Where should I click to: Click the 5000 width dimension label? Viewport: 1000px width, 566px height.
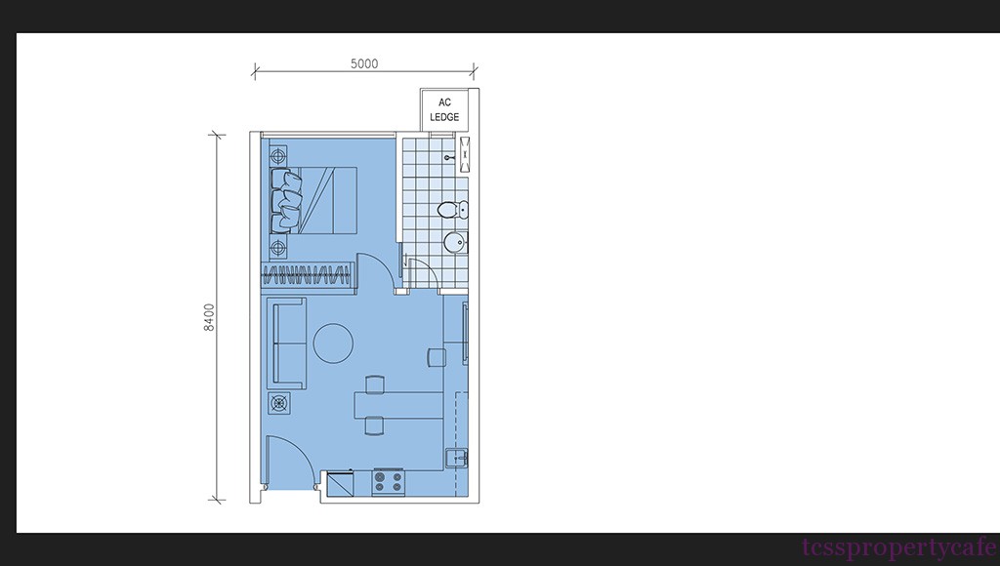(x=364, y=63)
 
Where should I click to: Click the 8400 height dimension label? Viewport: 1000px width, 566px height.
(x=209, y=317)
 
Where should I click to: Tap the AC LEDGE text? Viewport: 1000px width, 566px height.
(x=444, y=109)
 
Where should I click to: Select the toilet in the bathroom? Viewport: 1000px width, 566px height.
(x=454, y=209)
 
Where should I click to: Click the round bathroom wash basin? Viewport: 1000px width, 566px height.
(x=455, y=242)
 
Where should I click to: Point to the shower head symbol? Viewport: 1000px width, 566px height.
(x=465, y=154)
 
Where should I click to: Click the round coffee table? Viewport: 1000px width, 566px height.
(x=333, y=343)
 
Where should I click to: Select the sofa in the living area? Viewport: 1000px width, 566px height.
(x=288, y=343)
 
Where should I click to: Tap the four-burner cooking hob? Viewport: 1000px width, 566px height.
(x=389, y=482)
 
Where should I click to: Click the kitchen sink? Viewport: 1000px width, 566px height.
(x=457, y=459)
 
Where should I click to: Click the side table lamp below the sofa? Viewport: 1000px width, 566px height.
(x=278, y=403)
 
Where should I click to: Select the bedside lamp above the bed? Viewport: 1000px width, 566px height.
(x=278, y=155)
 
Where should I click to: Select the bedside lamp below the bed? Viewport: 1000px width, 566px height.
(x=278, y=247)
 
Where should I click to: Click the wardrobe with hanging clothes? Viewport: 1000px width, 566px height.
(x=308, y=275)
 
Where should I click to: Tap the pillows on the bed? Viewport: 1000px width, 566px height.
(x=286, y=200)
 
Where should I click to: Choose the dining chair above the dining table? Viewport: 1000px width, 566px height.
(x=375, y=384)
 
